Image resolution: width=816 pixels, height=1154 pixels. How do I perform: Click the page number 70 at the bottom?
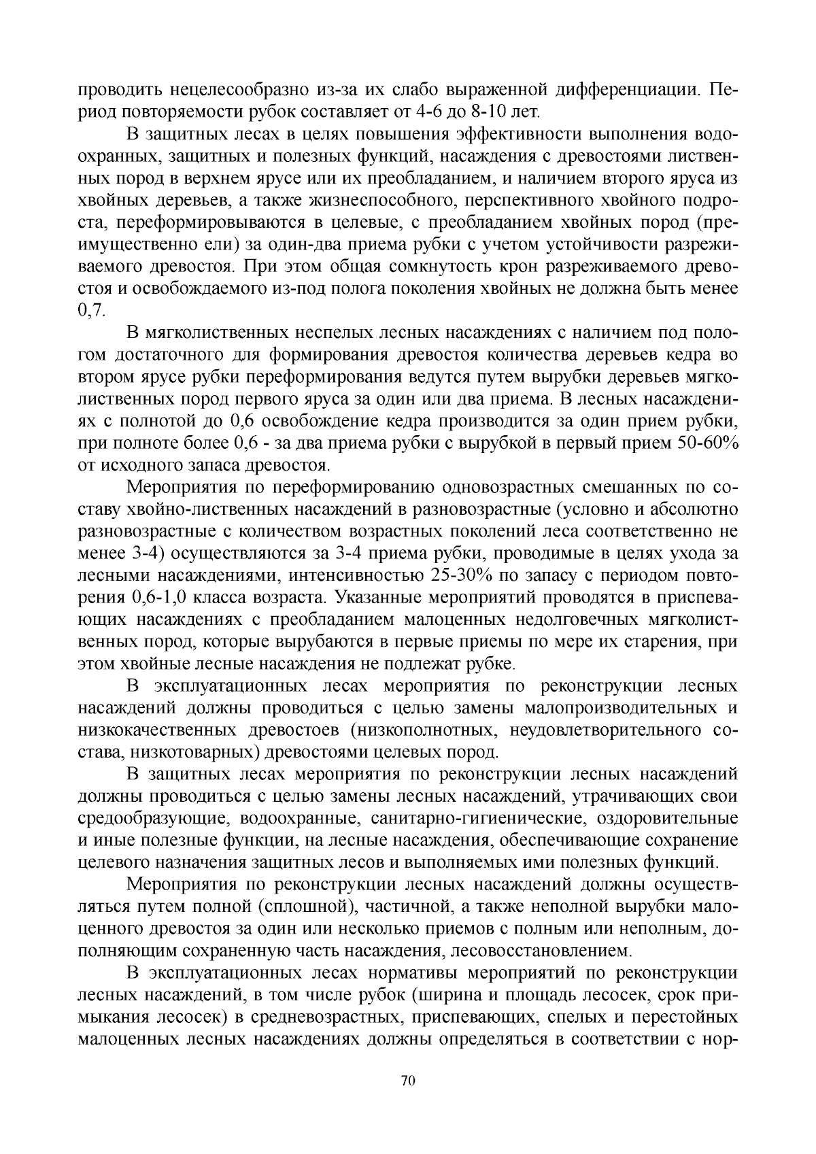tap(408, 1081)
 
